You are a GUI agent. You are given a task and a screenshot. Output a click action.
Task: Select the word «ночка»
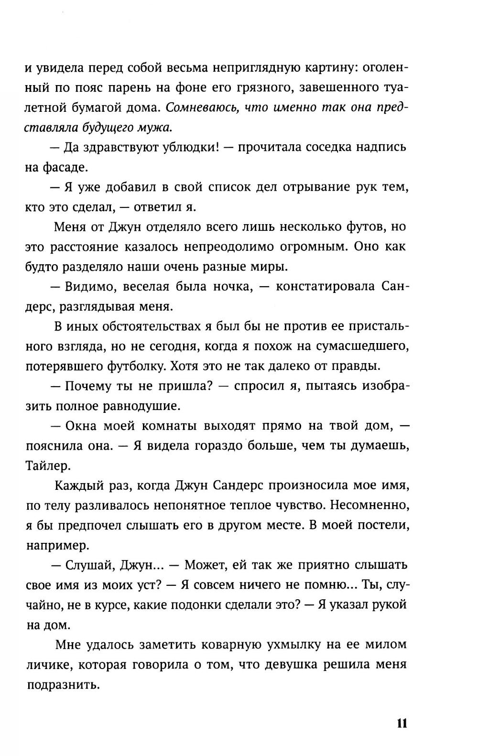click(234, 286)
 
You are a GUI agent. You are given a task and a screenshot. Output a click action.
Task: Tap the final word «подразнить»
click(62, 684)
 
